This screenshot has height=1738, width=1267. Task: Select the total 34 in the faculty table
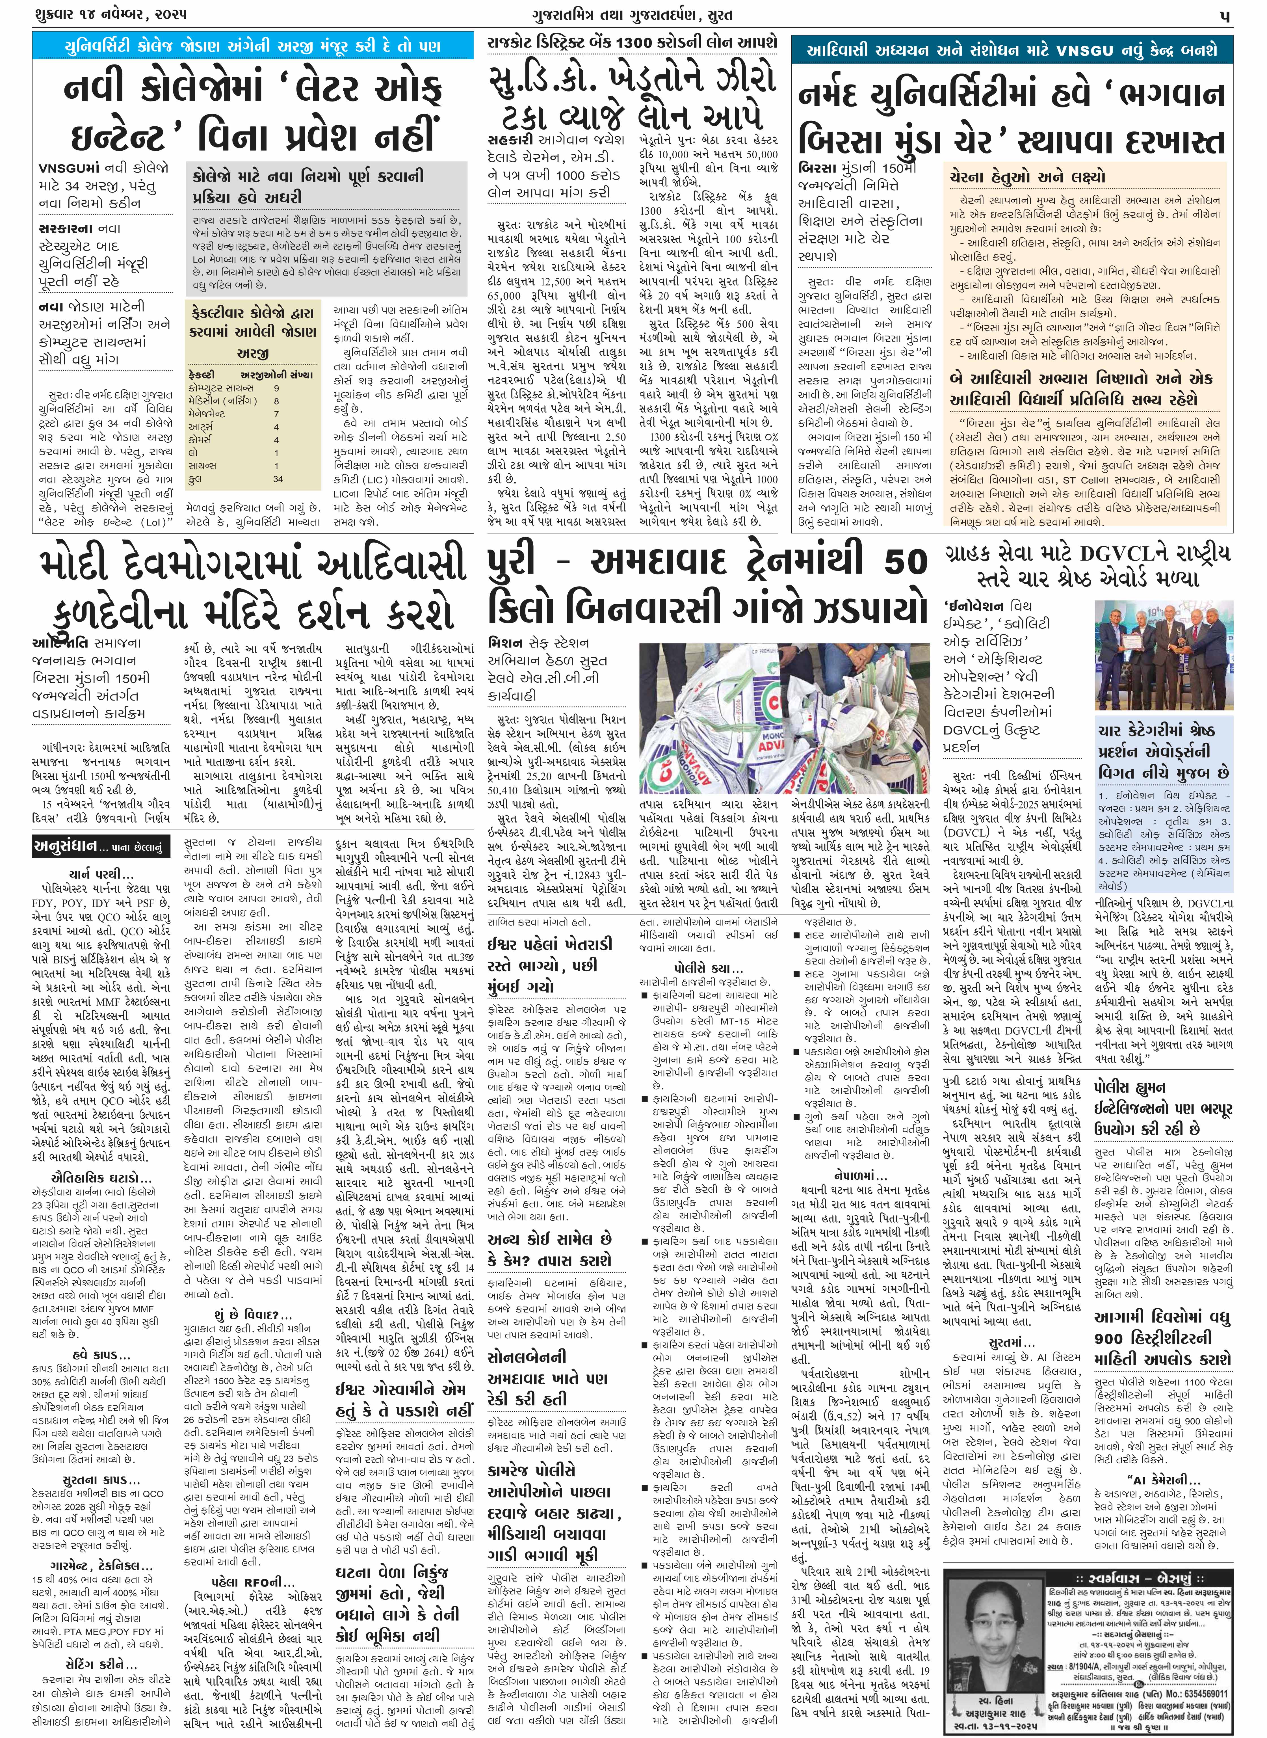tap(278, 479)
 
